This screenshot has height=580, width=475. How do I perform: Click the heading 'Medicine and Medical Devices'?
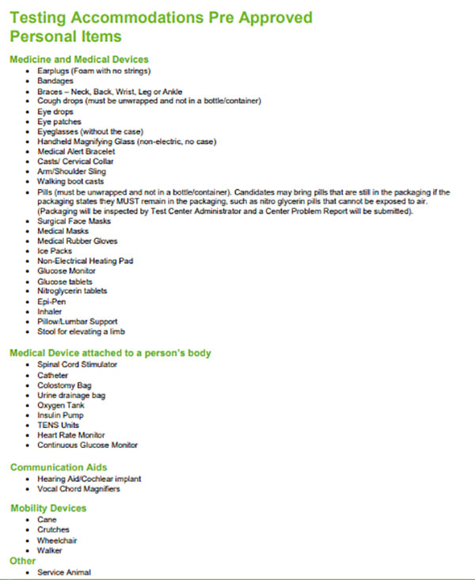click(x=78, y=59)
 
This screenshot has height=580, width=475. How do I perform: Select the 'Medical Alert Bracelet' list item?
click(x=70, y=151)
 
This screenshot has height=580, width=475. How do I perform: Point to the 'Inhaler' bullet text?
click(x=50, y=312)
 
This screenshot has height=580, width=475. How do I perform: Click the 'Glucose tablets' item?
click(x=64, y=282)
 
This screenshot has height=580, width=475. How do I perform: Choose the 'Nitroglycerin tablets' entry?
click(x=72, y=291)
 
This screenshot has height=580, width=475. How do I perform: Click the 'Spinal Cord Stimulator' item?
click(x=77, y=365)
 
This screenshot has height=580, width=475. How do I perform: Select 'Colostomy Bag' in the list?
click(x=64, y=385)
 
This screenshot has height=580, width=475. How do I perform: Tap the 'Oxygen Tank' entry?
click(x=60, y=405)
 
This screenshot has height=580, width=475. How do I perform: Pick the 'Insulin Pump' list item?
click(x=60, y=415)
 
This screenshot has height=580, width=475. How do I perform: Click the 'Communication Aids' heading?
click(x=59, y=468)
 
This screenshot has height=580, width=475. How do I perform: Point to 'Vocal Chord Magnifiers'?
click(x=78, y=489)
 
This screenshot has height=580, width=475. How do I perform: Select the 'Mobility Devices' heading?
click(x=48, y=508)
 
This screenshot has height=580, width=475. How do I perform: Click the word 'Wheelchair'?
click(x=56, y=540)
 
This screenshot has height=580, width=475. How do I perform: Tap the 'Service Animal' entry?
click(x=63, y=572)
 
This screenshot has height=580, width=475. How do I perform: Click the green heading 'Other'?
click(x=22, y=561)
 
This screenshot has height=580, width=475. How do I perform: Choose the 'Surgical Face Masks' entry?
click(x=70, y=221)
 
